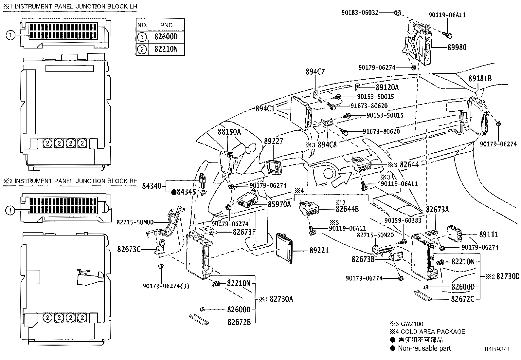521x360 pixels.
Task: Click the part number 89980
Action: pos(457,47)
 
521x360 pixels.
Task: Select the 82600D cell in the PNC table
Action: pos(166,37)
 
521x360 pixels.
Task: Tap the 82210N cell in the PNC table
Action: pos(166,49)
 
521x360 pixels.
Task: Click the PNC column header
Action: pos(166,25)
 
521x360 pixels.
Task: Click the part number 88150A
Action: pos(229,132)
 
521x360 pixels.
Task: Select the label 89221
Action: pos(319,251)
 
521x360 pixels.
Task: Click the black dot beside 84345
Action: pos(174,192)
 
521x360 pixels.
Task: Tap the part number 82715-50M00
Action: pos(135,222)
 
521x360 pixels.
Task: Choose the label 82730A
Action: pos(281,299)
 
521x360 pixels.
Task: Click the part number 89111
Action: pos(489,235)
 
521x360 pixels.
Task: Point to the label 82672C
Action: pos(462,299)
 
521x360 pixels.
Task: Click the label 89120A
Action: pos(387,87)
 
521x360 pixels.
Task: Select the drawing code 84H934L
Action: pos(497,350)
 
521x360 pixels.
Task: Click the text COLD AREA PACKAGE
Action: pos(433,332)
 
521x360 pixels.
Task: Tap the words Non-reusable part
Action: pos(424,349)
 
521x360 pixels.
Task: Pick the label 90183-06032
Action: pos(360,13)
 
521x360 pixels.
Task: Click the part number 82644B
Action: pos(347,209)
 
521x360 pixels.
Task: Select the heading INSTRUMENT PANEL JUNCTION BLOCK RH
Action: pos(76,181)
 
